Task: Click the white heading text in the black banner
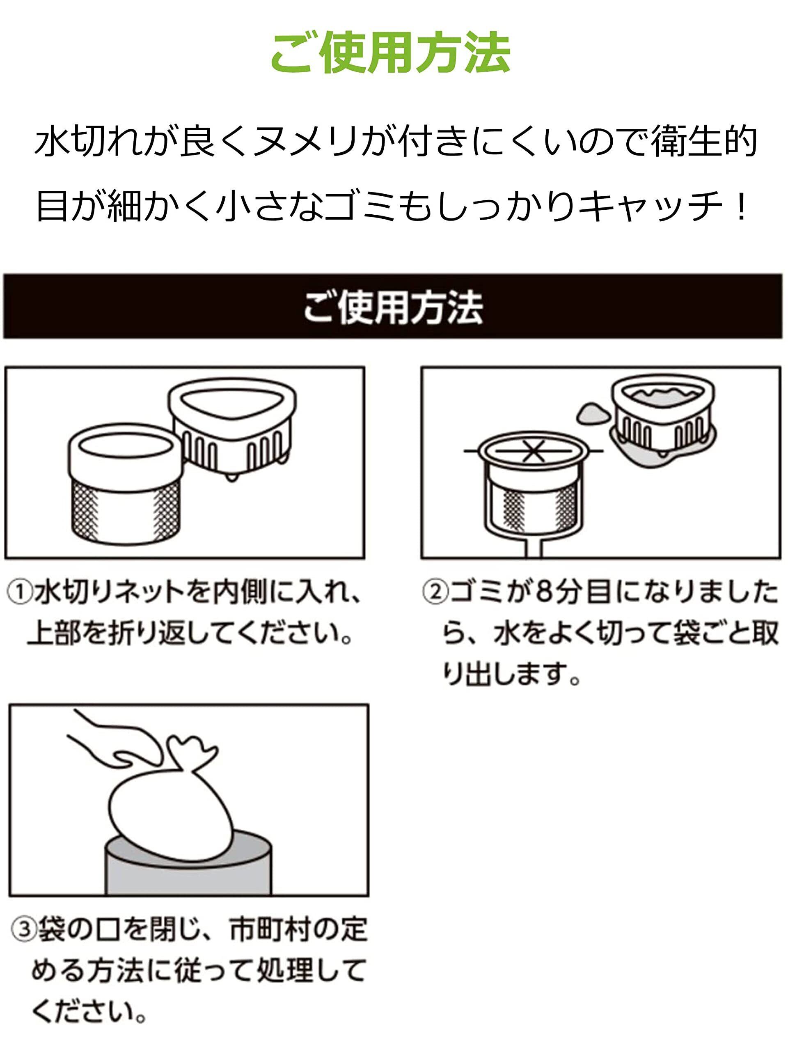click(x=393, y=307)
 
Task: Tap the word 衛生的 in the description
click(x=704, y=142)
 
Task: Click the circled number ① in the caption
click(x=21, y=592)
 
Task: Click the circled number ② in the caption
click(x=435, y=592)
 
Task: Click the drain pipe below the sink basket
click(x=533, y=549)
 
